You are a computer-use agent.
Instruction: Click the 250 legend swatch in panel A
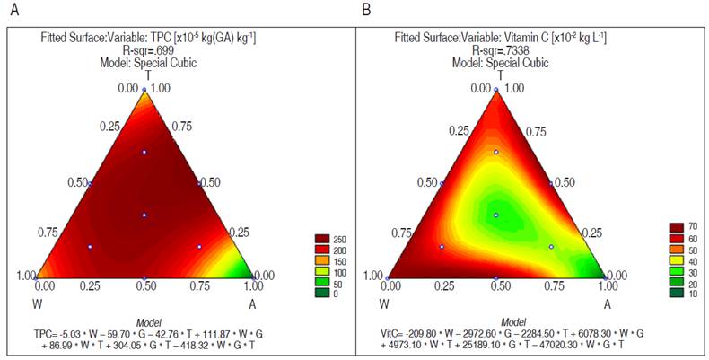point(323,238)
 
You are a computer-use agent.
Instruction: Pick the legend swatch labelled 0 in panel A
point(323,294)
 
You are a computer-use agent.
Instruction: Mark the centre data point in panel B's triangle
point(496,215)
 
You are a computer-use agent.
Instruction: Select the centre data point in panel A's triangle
point(144,215)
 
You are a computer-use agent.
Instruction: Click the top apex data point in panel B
point(496,92)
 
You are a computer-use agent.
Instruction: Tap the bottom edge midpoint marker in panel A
point(144,278)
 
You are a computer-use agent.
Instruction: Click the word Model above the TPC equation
point(144,321)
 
